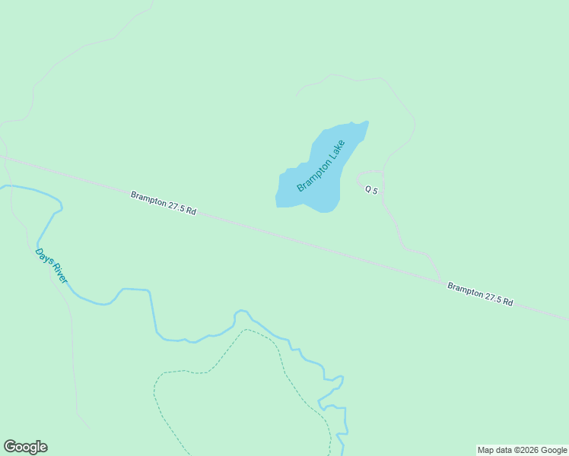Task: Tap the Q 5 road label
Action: click(x=371, y=190)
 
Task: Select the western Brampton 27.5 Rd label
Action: click(x=163, y=204)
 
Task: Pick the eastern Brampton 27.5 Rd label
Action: click(x=480, y=294)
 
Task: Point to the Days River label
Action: click(x=52, y=266)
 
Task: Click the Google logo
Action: click(x=25, y=447)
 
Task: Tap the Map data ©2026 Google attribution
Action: click(x=522, y=450)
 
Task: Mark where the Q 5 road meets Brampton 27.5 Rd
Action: click(x=441, y=282)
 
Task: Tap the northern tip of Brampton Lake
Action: click(x=367, y=122)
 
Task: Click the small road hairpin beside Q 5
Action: click(x=360, y=178)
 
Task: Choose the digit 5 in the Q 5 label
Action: click(x=375, y=190)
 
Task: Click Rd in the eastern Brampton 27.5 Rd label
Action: click(x=507, y=302)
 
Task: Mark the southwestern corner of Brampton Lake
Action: click(x=277, y=204)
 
